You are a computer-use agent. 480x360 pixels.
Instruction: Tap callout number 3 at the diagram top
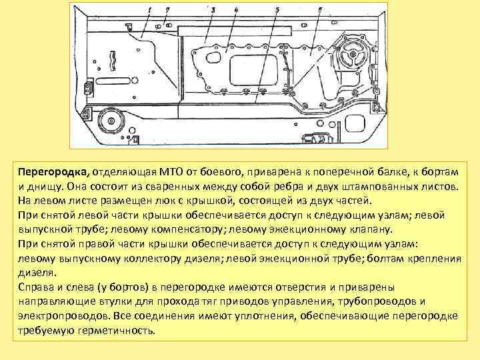tap(213, 10)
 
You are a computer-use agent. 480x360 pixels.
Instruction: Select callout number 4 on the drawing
tap(236, 10)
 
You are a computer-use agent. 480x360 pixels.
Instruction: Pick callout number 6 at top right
tap(320, 10)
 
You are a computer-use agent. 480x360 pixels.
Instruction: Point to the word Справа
tap(37, 287)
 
